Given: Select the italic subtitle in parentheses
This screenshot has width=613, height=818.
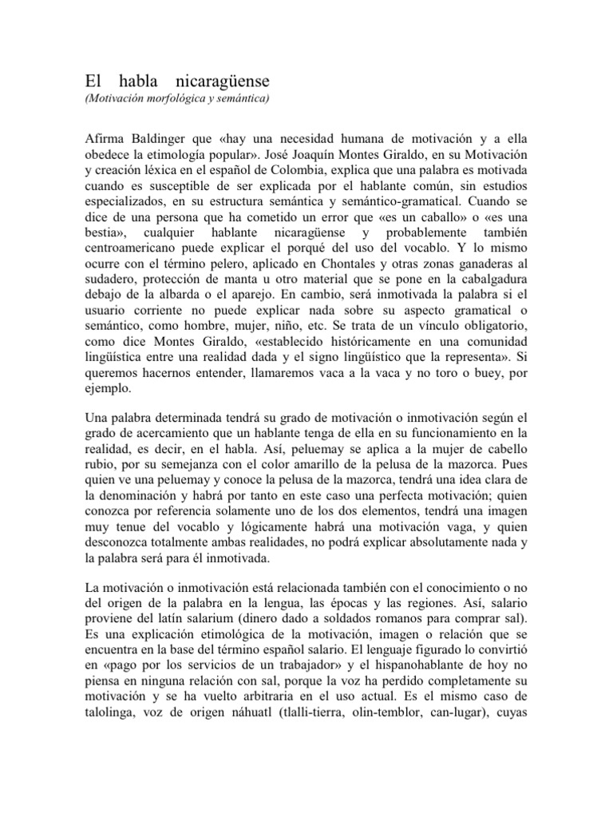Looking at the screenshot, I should point(177,99).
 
